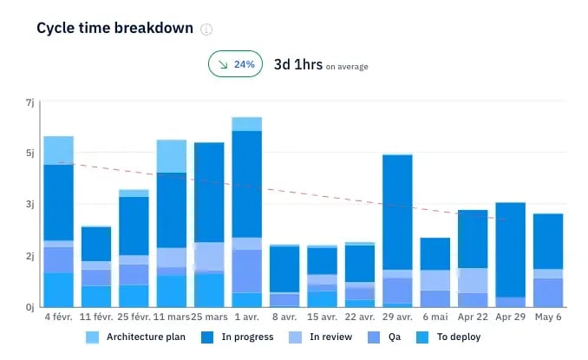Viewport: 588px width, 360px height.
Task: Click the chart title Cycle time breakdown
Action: coord(114,29)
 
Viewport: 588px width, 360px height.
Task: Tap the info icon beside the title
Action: coord(206,29)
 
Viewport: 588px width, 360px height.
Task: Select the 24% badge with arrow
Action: coord(234,64)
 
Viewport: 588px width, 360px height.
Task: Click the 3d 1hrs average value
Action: coord(298,64)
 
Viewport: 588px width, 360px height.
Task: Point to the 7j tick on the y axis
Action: coord(29,102)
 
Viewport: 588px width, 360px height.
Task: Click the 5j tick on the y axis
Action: coord(29,154)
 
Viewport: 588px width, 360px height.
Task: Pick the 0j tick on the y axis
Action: coord(29,306)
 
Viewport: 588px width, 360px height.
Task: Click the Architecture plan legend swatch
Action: coord(92,337)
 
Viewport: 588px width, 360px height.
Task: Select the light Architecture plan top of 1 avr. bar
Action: coord(247,124)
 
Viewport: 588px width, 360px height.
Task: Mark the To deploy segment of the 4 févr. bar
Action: coord(58,290)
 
